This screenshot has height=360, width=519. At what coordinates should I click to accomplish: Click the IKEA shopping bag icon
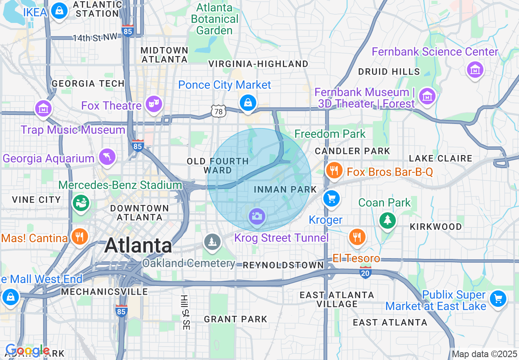[60, 11]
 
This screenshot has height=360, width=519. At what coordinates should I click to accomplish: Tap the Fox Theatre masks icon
[154, 104]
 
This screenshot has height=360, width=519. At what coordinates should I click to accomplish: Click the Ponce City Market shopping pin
[248, 102]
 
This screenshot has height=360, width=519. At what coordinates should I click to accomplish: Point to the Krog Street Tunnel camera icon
[257, 216]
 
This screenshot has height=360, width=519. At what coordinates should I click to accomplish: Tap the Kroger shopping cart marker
[331, 199]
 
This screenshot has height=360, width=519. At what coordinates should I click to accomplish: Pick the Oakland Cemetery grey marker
[212, 242]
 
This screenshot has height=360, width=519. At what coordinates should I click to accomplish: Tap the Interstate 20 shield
[366, 272]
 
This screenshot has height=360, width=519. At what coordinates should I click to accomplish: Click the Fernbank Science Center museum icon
[475, 70]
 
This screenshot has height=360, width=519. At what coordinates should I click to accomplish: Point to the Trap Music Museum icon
[43, 109]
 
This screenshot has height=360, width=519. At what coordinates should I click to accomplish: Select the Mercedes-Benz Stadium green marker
[81, 202]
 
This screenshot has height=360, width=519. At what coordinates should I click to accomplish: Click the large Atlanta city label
[138, 245]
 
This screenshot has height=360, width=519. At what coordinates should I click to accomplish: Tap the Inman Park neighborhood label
[285, 189]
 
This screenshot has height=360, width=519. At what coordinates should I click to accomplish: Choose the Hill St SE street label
[185, 312]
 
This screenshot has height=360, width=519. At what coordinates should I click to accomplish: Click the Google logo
[27, 351]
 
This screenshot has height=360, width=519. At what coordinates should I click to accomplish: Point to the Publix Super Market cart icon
[498, 299]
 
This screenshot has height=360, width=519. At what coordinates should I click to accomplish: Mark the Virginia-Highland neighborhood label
[258, 64]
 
